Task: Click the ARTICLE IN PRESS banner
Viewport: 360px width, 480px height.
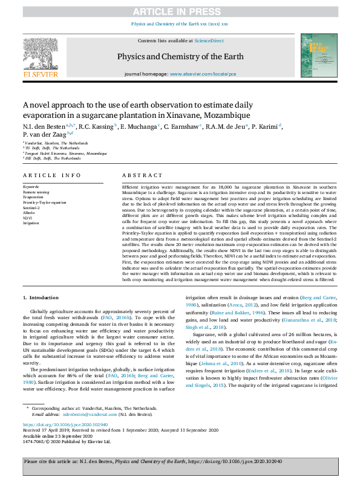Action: (x=180, y=11)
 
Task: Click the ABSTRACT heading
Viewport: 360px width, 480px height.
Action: (x=142, y=175)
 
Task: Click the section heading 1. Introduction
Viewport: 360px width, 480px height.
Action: (x=41, y=298)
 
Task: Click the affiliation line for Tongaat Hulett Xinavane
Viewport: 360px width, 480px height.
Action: (x=67, y=154)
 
